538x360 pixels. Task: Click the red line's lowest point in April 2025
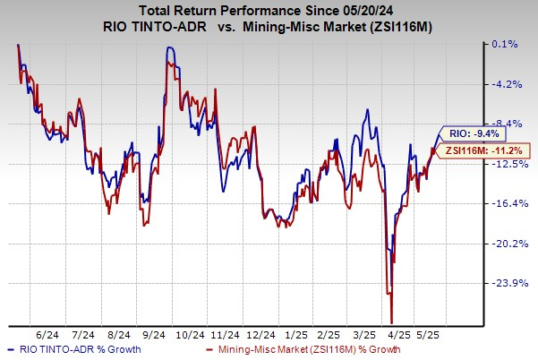[392, 322]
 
